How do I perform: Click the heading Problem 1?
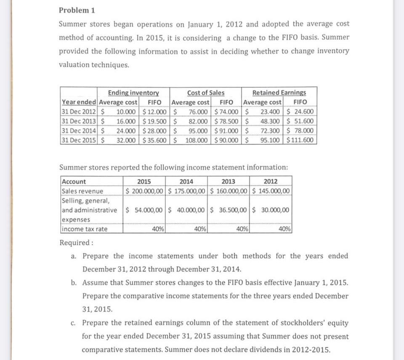(x=74, y=10)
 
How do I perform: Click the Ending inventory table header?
(x=133, y=93)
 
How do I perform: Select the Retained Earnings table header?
(x=279, y=93)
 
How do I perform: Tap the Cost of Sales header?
(x=205, y=93)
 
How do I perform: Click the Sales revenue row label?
(x=82, y=191)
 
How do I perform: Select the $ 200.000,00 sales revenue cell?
(x=145, y=191)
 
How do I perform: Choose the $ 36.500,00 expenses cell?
(x=229, y=210)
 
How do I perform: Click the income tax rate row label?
(x=84, y=229)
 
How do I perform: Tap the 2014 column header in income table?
(x=186, y=181)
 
